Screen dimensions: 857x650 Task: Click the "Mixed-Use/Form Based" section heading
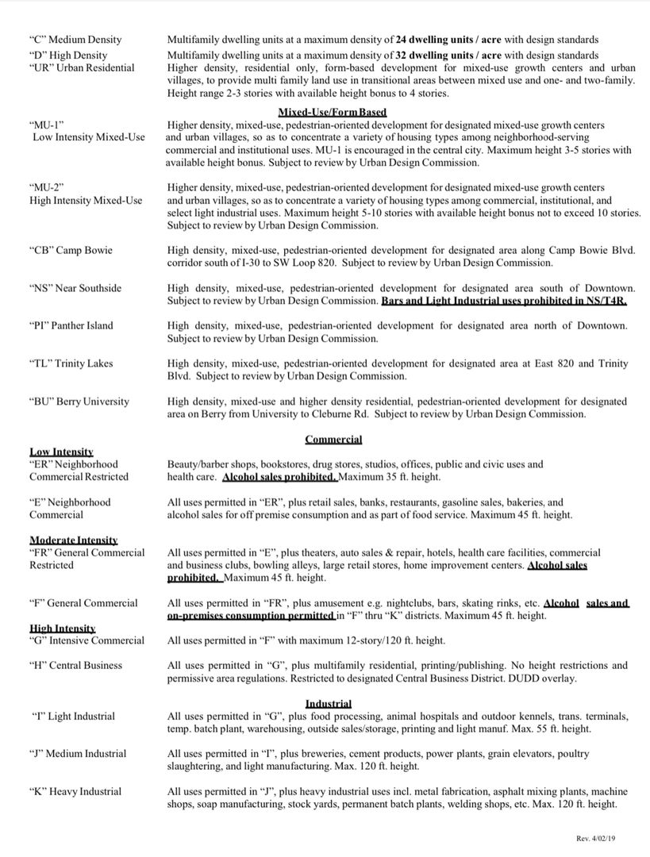[x=332, y=113]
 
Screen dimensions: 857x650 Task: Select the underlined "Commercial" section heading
[x=333, y=440]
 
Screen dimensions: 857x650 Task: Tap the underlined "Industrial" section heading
[x=328, y=704]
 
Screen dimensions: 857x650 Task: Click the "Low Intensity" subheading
[x=61, y=452]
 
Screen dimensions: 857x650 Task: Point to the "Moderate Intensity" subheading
[x=73, y=540]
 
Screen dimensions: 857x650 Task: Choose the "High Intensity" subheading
[x=63, y=628]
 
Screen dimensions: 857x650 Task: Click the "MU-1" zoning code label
[x=47, y=125]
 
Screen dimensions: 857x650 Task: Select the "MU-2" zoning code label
[x=47, y=188]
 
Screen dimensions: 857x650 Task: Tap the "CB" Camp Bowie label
[x=71, y=251]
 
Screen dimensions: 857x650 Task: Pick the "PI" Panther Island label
[x=71, y=325]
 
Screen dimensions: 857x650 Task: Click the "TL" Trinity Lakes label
[x=71, y=363]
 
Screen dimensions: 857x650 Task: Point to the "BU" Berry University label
[x=79, y=402]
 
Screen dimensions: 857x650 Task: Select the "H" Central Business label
[x=75, y=666]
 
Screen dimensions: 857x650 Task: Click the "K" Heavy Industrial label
[x=75, y=791]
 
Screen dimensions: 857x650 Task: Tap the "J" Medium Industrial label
[x=78, y=754]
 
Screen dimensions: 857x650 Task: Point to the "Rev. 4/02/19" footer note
[x=601, y=839]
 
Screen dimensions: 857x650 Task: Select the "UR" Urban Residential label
[x=82, y=67]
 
